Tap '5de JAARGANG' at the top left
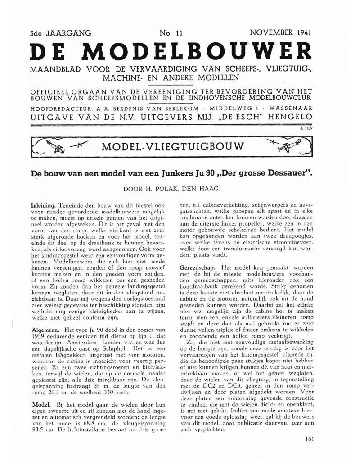click(x=60, y=33)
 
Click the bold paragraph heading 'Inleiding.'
click(x=43, y=203)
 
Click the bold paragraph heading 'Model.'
click(x=40, y=405)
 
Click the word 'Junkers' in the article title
click(x=174, y=172)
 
